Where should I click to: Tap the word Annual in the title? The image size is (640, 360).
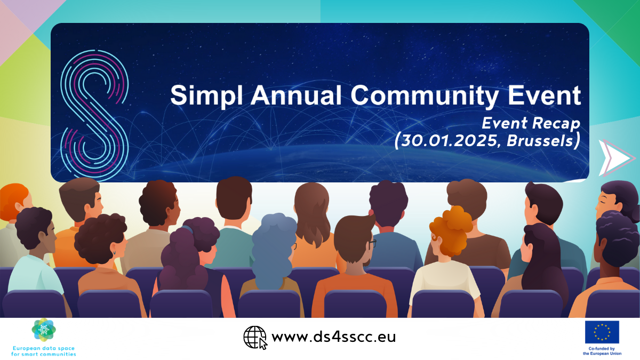296,95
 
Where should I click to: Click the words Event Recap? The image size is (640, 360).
531,123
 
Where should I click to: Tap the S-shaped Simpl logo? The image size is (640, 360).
94,115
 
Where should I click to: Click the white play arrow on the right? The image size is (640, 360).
615,158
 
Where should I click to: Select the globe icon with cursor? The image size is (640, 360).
255,338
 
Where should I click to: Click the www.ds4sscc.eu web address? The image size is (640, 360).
333,337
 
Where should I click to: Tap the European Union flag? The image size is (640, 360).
602,332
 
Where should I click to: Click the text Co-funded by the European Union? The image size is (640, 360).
602,351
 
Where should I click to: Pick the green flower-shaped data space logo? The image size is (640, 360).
44,330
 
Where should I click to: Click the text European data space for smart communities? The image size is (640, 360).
43,351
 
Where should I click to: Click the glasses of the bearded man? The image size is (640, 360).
372,243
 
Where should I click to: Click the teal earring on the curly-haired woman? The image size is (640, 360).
115,253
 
